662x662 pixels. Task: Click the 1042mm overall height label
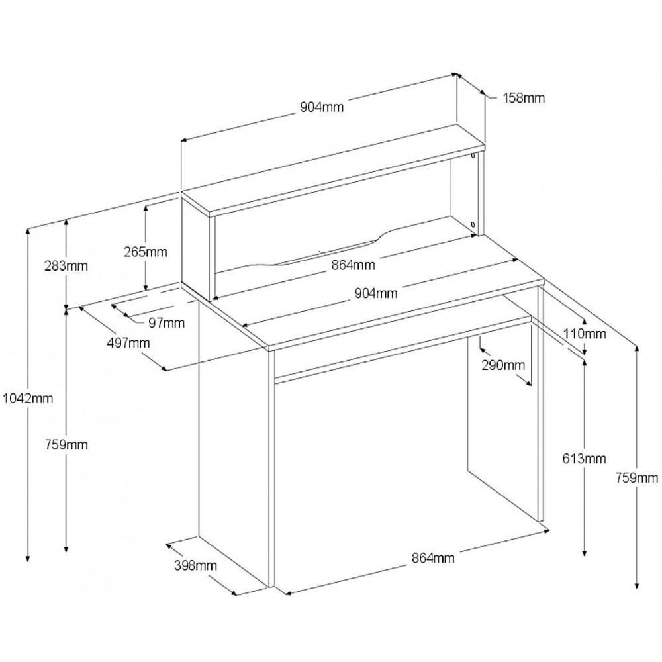coord(28,398)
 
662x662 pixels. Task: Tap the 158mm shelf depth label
coord(524,98)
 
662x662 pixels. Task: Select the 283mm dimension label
coord(66,266)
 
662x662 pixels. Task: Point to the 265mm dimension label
coord(146,252)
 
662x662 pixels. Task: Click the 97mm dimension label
coord(167,323)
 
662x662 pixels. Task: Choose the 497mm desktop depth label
coord(128,342)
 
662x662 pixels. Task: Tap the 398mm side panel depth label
coord(195,565)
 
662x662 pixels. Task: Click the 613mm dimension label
coord(585,458)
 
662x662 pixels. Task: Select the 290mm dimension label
coord(503,365)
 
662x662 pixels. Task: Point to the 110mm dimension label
coord(585,334)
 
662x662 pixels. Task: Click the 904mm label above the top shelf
coord(322,107)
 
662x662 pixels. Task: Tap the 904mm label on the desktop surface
coord(376,293)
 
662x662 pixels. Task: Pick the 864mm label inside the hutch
coord(353,265)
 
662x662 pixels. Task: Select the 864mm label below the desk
coord(433,557)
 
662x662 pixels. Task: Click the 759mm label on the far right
coord(637,477)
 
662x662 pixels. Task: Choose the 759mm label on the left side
coord(66,445)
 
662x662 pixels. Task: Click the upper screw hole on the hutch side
coord(473,156)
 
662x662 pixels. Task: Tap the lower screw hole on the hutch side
coord(473,224)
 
